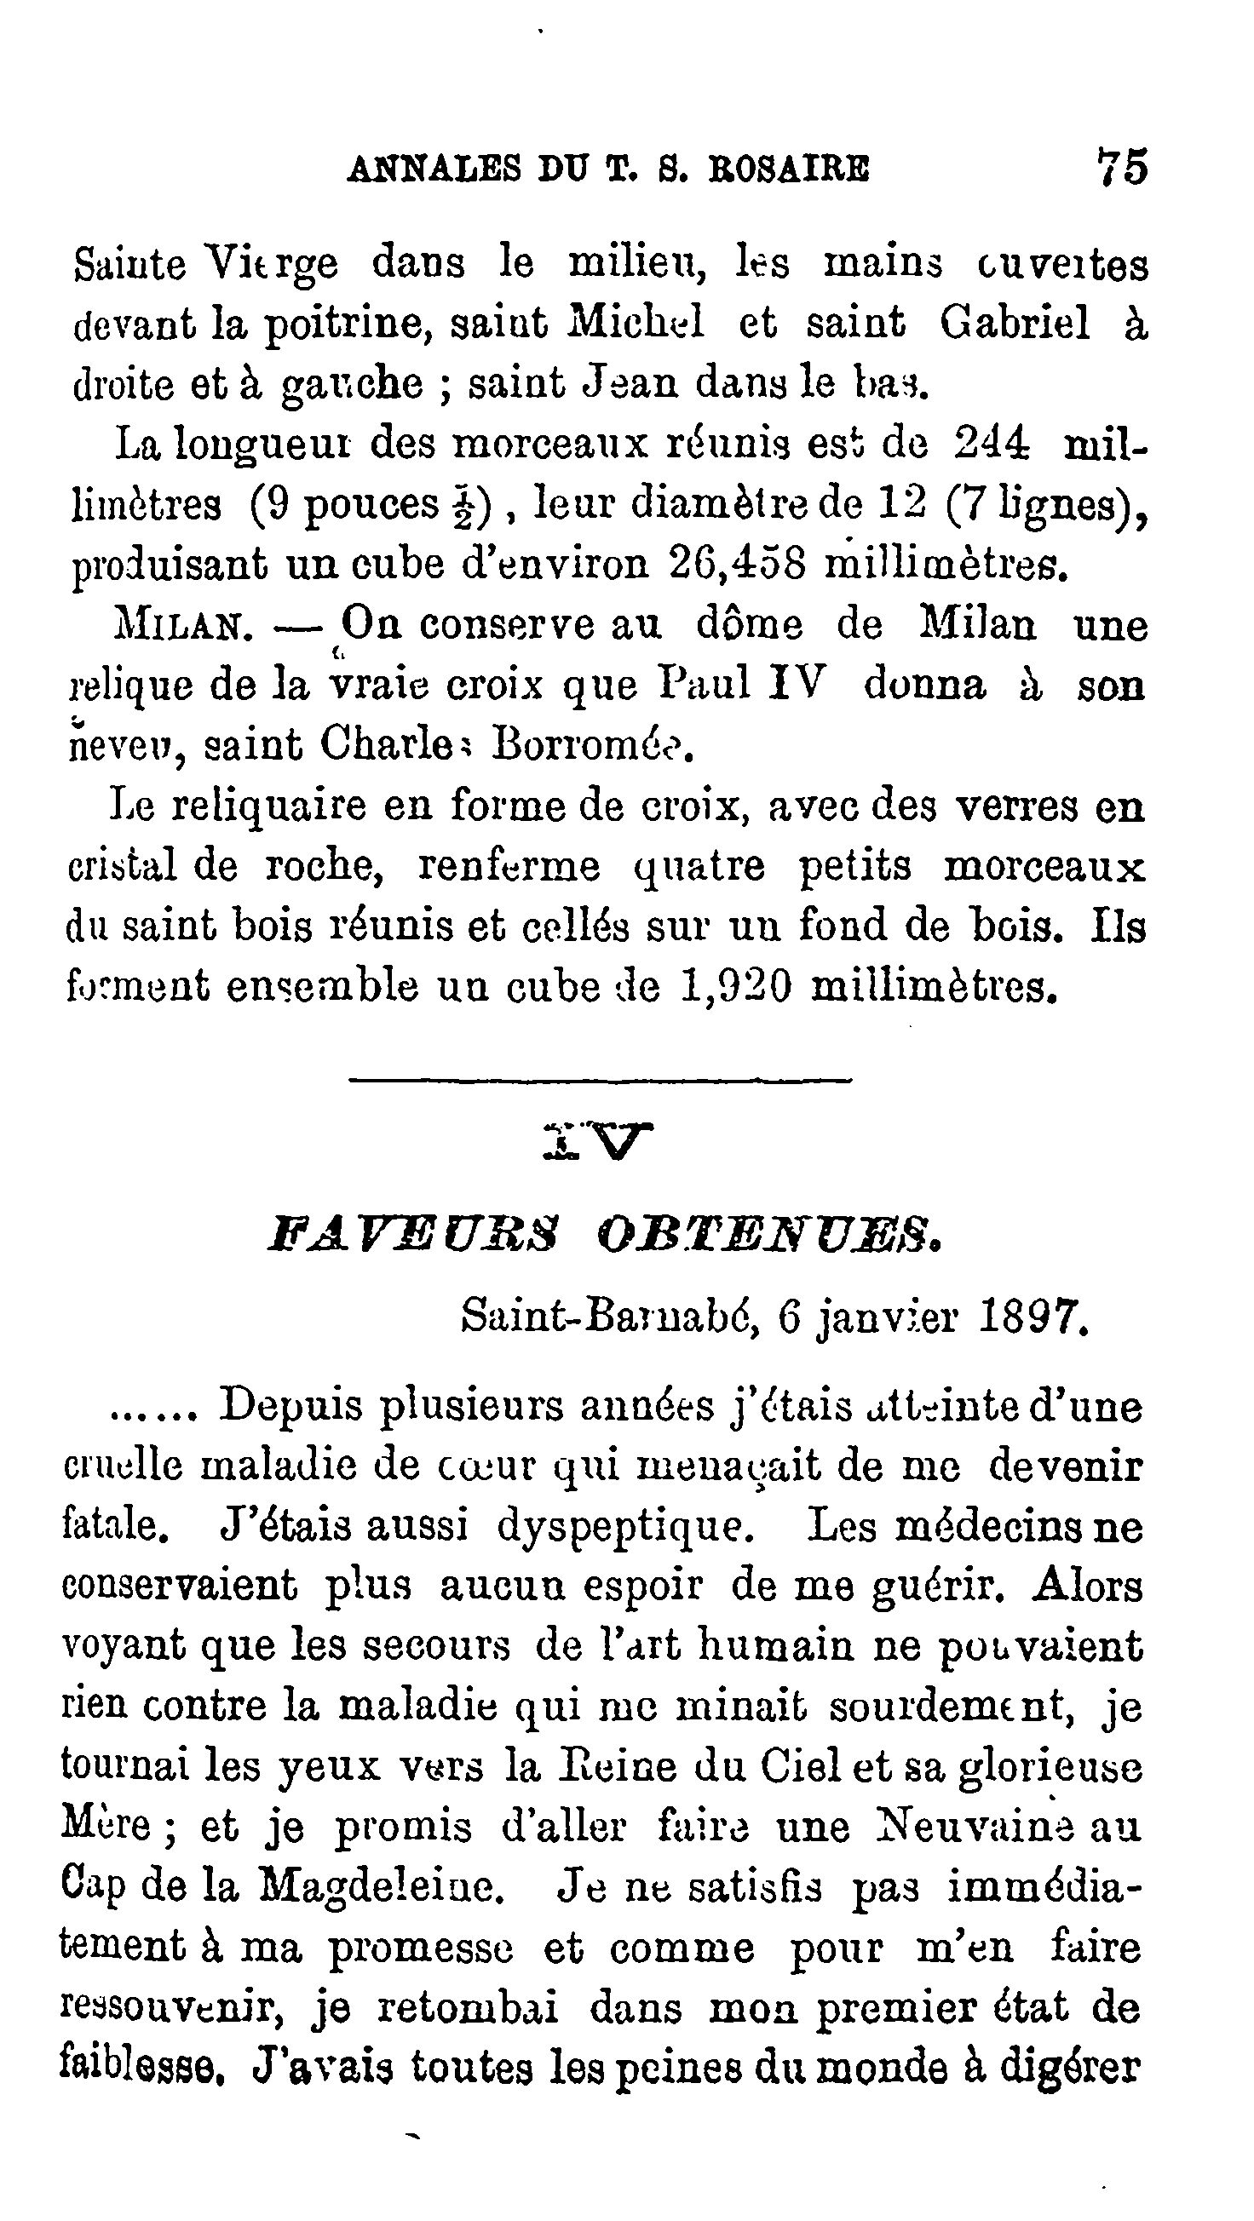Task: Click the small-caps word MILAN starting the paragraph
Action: (183, 627)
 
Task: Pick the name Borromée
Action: (591, 746)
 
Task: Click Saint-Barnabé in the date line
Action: (610, 1317)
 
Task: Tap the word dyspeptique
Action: (626, 1527)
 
